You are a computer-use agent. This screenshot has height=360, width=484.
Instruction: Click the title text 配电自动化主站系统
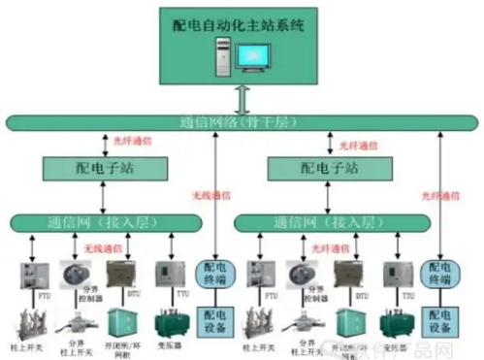(240, 24)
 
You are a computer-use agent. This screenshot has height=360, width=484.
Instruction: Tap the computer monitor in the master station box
(251, 63)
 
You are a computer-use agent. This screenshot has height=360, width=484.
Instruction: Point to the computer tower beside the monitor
(223, 64)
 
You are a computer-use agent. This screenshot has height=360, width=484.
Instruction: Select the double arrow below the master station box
(242, 100)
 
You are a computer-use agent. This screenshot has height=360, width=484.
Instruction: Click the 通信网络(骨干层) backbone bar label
(241, 122)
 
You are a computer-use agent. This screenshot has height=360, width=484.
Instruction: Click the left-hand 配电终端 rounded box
(212, 275)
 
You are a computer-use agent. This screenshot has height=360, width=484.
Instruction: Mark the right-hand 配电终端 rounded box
(439, 275)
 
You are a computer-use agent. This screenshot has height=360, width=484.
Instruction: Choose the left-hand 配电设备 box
(212, 320)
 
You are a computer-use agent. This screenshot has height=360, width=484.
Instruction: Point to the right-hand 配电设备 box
(439, 320)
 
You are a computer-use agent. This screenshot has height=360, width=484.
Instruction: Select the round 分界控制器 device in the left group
(76, 274)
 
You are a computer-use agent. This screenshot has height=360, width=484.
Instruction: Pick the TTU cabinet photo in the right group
(393, 274)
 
